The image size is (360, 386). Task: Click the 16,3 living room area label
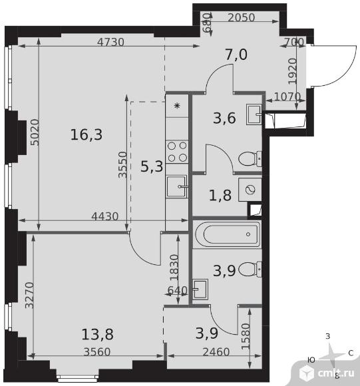[x=87, y=134]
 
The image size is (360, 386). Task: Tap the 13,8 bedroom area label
[x=97, y=334]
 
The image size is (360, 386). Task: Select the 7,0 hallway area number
[x=236, y=55]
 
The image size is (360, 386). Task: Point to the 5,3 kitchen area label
[x=152, y=166]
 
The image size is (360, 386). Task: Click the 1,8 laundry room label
[x=220, y=196]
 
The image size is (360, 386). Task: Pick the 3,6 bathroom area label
[x=225, y=118]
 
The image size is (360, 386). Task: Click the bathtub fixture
[x=227, y=234]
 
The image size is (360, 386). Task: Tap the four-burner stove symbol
[x=177, y=152]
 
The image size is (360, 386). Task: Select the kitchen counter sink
[x=177, y=186]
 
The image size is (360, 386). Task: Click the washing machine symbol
[x=250, y=190]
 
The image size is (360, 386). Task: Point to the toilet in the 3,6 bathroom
[x=250, y=159]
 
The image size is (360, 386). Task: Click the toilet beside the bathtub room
[x=250, y=270]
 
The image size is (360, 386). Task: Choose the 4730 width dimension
[x=110, y=42]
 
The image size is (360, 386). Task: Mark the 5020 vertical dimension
[x=35, y=132]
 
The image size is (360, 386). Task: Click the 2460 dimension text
[x=216, y=352]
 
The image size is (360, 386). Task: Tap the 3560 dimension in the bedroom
[x=97, y=352]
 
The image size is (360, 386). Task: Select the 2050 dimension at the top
[x=241, y=17]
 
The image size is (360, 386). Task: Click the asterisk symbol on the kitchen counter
[x=177, y=106]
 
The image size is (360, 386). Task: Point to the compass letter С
[x=351, y=353]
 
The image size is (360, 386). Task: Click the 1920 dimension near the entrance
[x=293, y=71]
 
